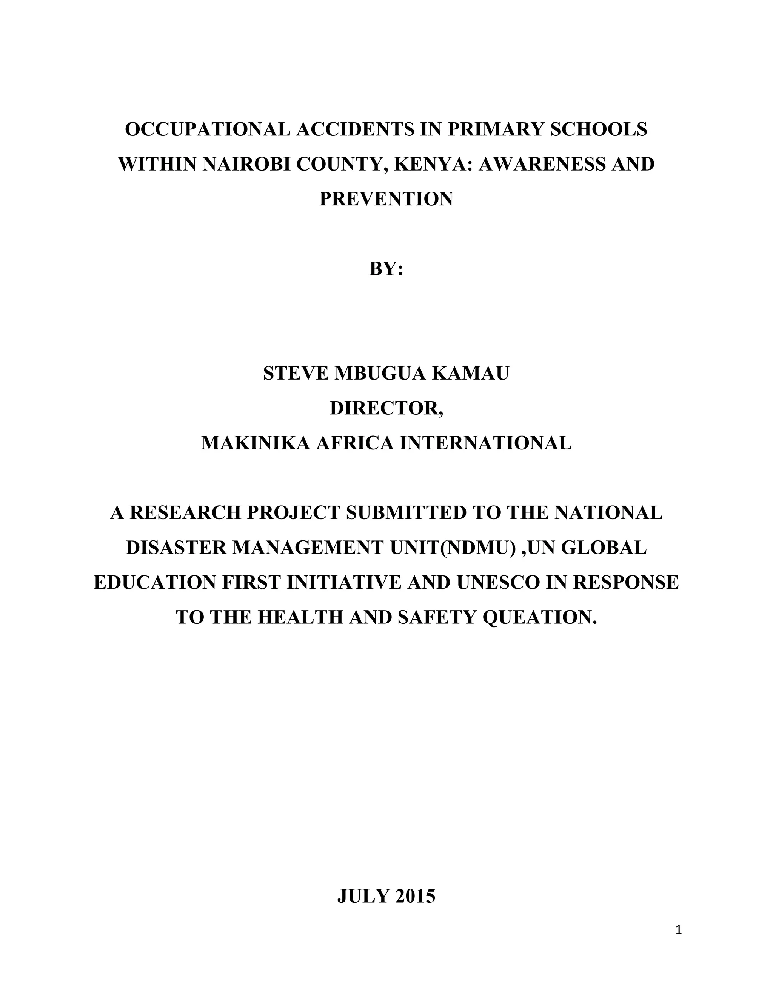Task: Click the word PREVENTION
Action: (x=386, y=199)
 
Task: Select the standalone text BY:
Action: (x=386, y=269)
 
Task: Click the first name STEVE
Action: (x=296, y=374)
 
